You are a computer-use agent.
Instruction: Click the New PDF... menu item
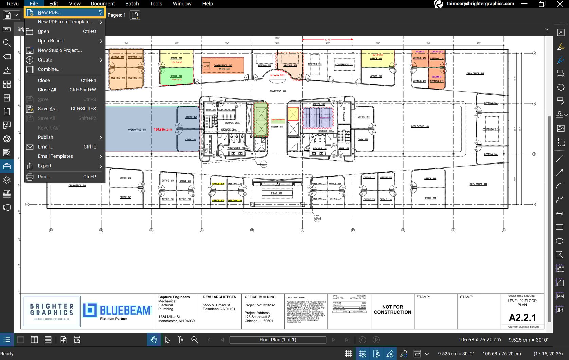pyautogui.click(x=49, y=12)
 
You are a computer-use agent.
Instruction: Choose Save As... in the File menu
pyautogui.click(x=48, y=109)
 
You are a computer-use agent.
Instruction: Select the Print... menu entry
pyautogui.click(x=45, y=177)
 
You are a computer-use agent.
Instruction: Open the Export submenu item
pyautogui.click(x=45, y=166)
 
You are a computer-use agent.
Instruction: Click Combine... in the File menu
pyautogui.click(x=49, y=69)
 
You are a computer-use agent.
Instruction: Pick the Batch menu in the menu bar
pyautogui.click(x=132, y=4)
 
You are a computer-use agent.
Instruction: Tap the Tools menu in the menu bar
pyautogui.click(x=156, y=4)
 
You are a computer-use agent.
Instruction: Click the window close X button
pyautogui.click(x=560, y=4)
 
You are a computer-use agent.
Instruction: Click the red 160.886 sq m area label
pyautogui.click(x=163, y=130)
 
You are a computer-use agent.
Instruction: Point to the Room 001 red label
pyautogui.click(x=277, y=75)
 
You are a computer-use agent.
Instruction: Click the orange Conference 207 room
pyautogui.click(x=223, y=66)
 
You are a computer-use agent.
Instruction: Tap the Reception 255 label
pyautogui.click(x=278, y=91)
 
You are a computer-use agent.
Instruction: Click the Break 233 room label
pyautogui.click(x=276, y=193)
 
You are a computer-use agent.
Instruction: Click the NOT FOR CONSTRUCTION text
pyautogui.click(x=392, y=310)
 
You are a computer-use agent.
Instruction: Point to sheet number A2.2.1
pyautogui.click(x=522, y=318)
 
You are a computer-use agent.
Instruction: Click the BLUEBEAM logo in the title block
pyautogui.click(x=117, y=311)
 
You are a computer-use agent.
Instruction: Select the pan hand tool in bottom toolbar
pyautogui.click(x=154, y=340)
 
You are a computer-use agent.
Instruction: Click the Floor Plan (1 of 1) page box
pyautogui.click(x=278, y=340)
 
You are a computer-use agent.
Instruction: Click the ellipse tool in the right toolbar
pyautogui.click(x=559, y=241)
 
